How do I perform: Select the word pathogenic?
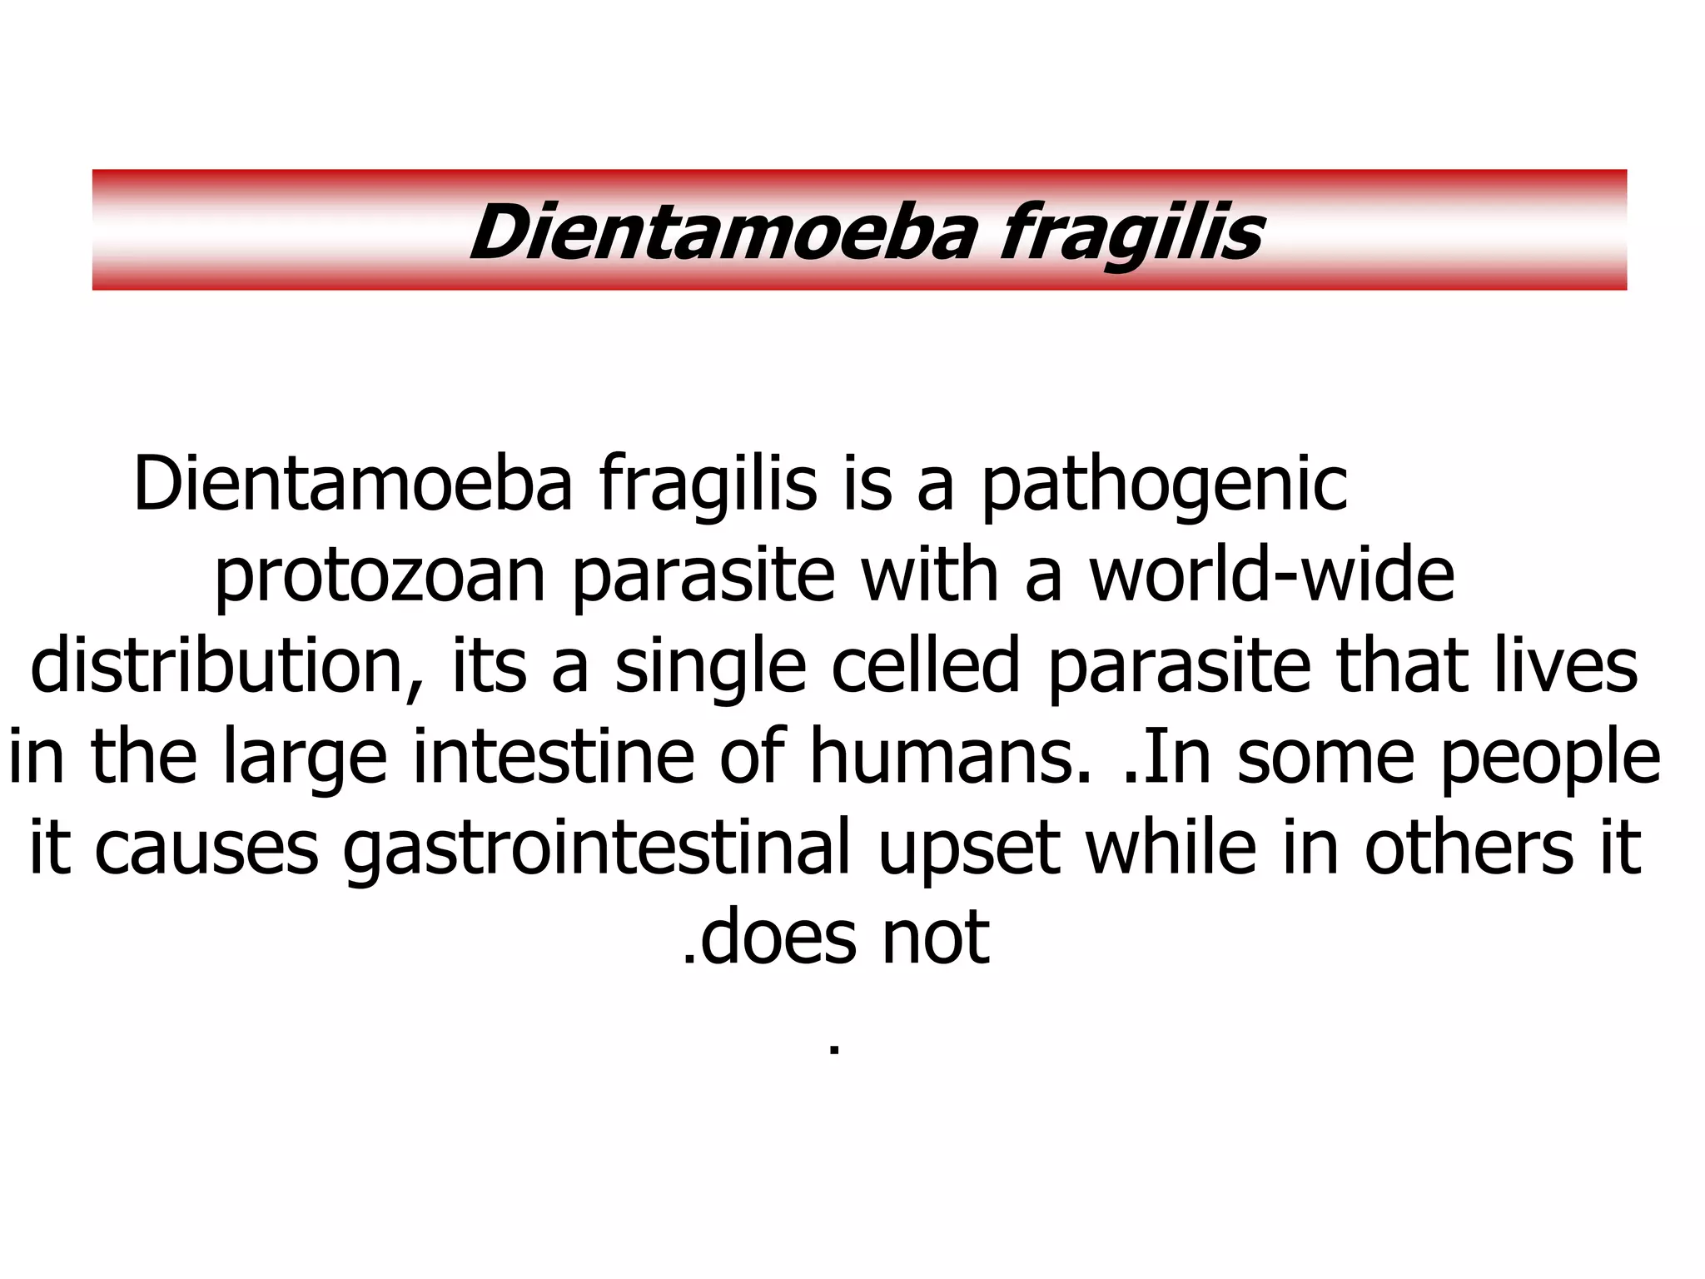click(x=1164, y=485)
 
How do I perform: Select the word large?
click(x=305, y=758)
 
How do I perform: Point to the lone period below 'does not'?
click(x=834, y=1052)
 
